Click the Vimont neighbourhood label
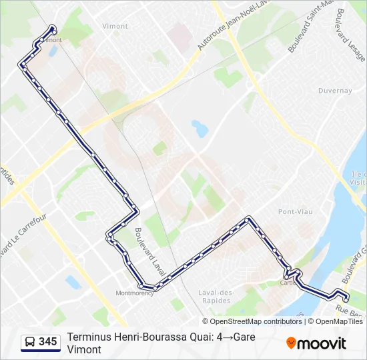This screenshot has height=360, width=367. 115,26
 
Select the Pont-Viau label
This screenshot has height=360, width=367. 292,211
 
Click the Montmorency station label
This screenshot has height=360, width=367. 134,293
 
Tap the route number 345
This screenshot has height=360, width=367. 47,342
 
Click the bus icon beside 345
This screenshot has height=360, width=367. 30,342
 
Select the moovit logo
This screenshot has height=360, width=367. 316,343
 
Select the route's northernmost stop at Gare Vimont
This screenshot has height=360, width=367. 53,29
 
